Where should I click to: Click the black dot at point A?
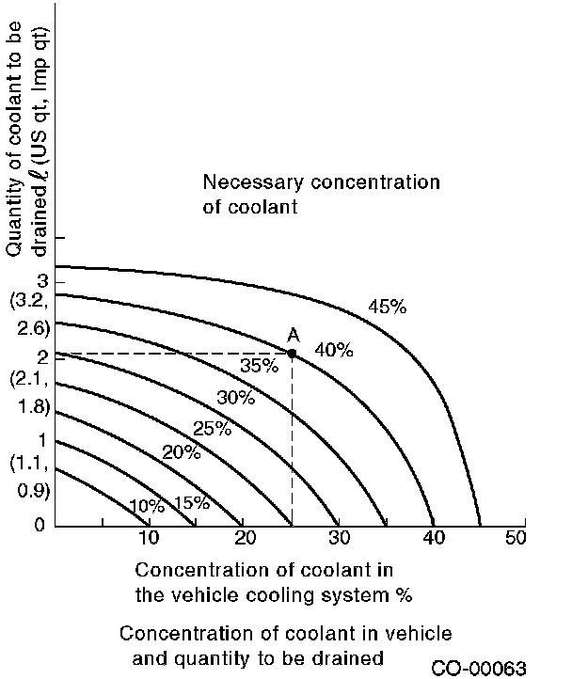[x=292, y=354]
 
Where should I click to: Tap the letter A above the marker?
[x=293, y=335]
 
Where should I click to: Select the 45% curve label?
[x=387, y=307]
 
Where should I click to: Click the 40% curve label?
[x=333, y=351]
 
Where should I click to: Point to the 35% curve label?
[x=259, y=366]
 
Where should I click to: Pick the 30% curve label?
[x=235, y=397]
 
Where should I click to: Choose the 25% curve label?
[x=212, y=429]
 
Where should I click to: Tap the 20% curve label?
[x=182, y=452]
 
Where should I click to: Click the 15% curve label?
[x=191, y=502]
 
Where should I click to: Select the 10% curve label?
[x=146, y=506]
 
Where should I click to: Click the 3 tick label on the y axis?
[x=40, y=281]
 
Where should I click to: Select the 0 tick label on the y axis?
[x=40, y=525]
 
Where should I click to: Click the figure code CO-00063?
[x=479, y=668]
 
